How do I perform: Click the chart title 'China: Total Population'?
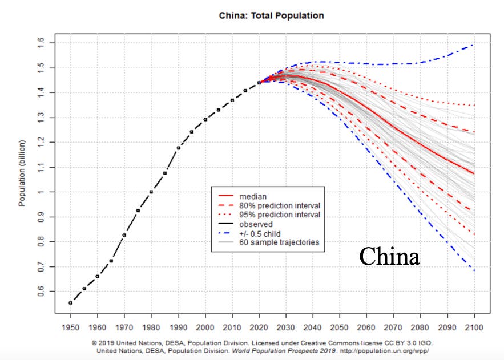pos(271,15)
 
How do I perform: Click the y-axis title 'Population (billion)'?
pos(22,173)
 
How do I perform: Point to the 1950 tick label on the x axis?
pos(70,327)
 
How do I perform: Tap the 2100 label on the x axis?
pos(474,327)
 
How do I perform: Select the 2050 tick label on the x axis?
pos(340,327)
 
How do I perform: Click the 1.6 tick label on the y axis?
pos(41,43)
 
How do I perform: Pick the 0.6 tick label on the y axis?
pos(41,292)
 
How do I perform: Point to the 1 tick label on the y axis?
pos(41,192)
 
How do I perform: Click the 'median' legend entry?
pos(243,196)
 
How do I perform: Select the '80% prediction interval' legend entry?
pos(269,205)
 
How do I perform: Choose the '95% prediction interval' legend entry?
pos(269,215)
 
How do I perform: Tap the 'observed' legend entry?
pos(245,224)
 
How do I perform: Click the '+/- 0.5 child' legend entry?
pos(249,233)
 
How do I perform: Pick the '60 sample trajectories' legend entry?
pos(269,242)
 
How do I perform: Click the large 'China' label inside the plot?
pos(389,256)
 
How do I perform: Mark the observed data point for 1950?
pos(71,303)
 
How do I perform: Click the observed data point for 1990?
pos(179,148)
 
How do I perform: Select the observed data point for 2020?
pos(259,83)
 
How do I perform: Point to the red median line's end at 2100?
pos(474,174)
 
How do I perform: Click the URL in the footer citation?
pos(385,351)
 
